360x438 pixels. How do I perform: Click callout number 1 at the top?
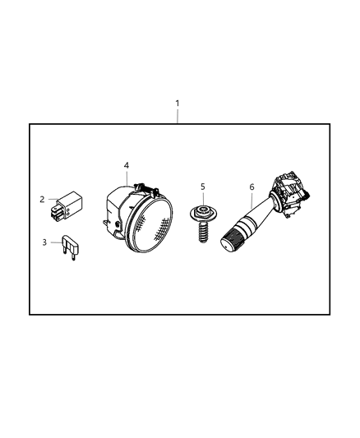(177, 104)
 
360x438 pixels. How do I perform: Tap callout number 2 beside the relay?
(42, 198)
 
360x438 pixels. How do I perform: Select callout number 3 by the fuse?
(44, 242)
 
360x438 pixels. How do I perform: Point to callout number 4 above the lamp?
(126, 166)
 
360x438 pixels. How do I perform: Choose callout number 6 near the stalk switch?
(252, 187)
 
